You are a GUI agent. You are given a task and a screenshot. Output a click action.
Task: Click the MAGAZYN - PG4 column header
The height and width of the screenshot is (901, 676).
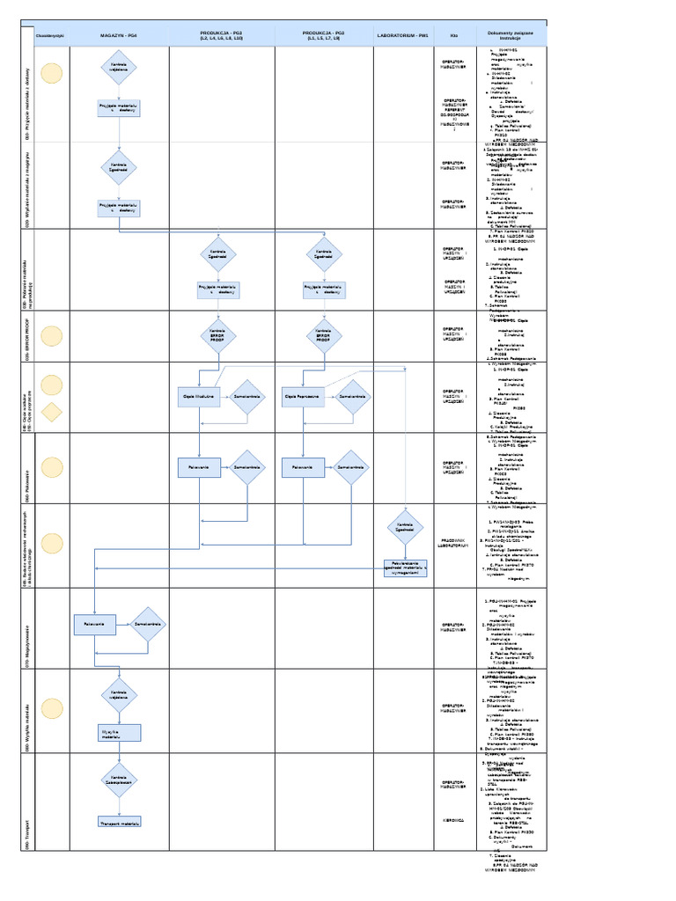pyautogui.click(x=119, y=35)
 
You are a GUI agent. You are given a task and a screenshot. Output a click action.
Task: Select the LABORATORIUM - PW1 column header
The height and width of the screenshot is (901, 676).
pyautogui.click(x=402, y=35)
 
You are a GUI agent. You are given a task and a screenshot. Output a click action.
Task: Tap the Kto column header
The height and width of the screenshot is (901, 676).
pyautogui.click(x=453, y=35)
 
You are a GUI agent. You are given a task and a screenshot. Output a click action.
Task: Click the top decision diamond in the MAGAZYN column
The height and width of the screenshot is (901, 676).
pyautogui.click(x=119, y=68)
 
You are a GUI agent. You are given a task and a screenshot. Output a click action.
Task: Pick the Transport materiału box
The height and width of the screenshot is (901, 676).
pyautogui.click(x=119, y=822)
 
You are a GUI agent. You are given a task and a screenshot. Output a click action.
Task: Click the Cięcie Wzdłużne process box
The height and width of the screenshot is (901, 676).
pyautogui.click(x=199, y=397)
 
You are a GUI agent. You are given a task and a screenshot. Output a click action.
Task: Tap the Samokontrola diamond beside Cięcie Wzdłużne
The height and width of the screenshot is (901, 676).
pyautogui.click(x=246, y=397)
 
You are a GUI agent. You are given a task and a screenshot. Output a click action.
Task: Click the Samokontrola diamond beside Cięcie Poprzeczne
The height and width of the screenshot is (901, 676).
pyautogui.click(x=351, y=397)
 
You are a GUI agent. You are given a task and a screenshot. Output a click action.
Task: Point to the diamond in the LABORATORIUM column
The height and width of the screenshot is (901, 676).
pyautogui.click(x=404, y=527)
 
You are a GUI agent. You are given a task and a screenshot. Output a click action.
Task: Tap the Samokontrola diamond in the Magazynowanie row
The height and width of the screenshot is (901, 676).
pyautogui.click(x=147, y=625)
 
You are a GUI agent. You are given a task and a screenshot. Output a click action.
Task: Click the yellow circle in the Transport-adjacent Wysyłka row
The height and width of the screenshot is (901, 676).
pyautogui.click(x=52, y=708)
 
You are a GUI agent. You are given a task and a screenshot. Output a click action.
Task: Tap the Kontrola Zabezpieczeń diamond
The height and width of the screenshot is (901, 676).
pyautogui.click(x=119, y=780)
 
